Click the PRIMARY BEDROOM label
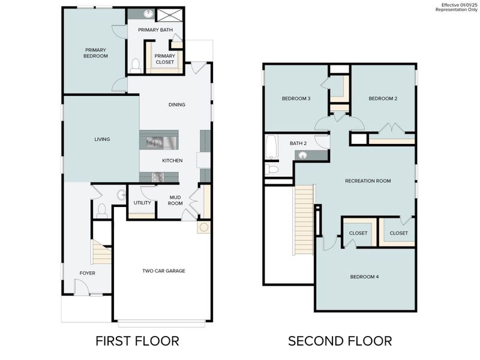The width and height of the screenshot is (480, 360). pos(95,53)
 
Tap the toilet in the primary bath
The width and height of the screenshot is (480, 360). pos(136,65)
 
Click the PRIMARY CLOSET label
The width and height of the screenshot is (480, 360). pos(164,59)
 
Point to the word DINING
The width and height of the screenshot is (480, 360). pos(176,105)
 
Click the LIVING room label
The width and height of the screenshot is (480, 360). pos(102,139)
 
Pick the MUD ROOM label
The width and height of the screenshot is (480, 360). pos(175,200)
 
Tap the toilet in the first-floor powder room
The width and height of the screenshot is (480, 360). pos(101,210)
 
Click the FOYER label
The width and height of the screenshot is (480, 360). pos(88,273)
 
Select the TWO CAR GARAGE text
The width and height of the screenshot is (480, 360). pos(163,271)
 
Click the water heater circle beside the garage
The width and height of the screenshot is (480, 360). pos(203,228)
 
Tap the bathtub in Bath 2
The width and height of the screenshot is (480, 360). pos(271,147)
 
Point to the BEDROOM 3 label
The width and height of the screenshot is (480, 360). pos(296,98)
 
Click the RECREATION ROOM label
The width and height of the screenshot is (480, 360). pos(368,181)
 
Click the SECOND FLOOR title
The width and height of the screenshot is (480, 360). pos(340,341)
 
